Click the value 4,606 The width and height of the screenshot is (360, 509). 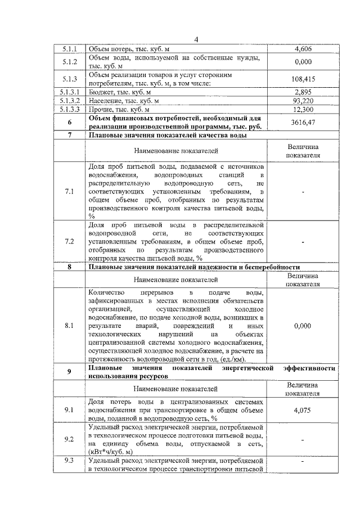[x=303, y=49]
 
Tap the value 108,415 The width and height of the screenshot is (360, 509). [x=303, y=79]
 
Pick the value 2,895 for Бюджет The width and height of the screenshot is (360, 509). [x=303, y=91]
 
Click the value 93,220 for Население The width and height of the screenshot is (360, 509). [x=303, y=100]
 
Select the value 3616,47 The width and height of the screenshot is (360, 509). [x=303, y=122]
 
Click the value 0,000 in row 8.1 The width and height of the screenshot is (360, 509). [x=303, y=325]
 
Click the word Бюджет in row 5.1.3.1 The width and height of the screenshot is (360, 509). [x=102, y=91]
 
